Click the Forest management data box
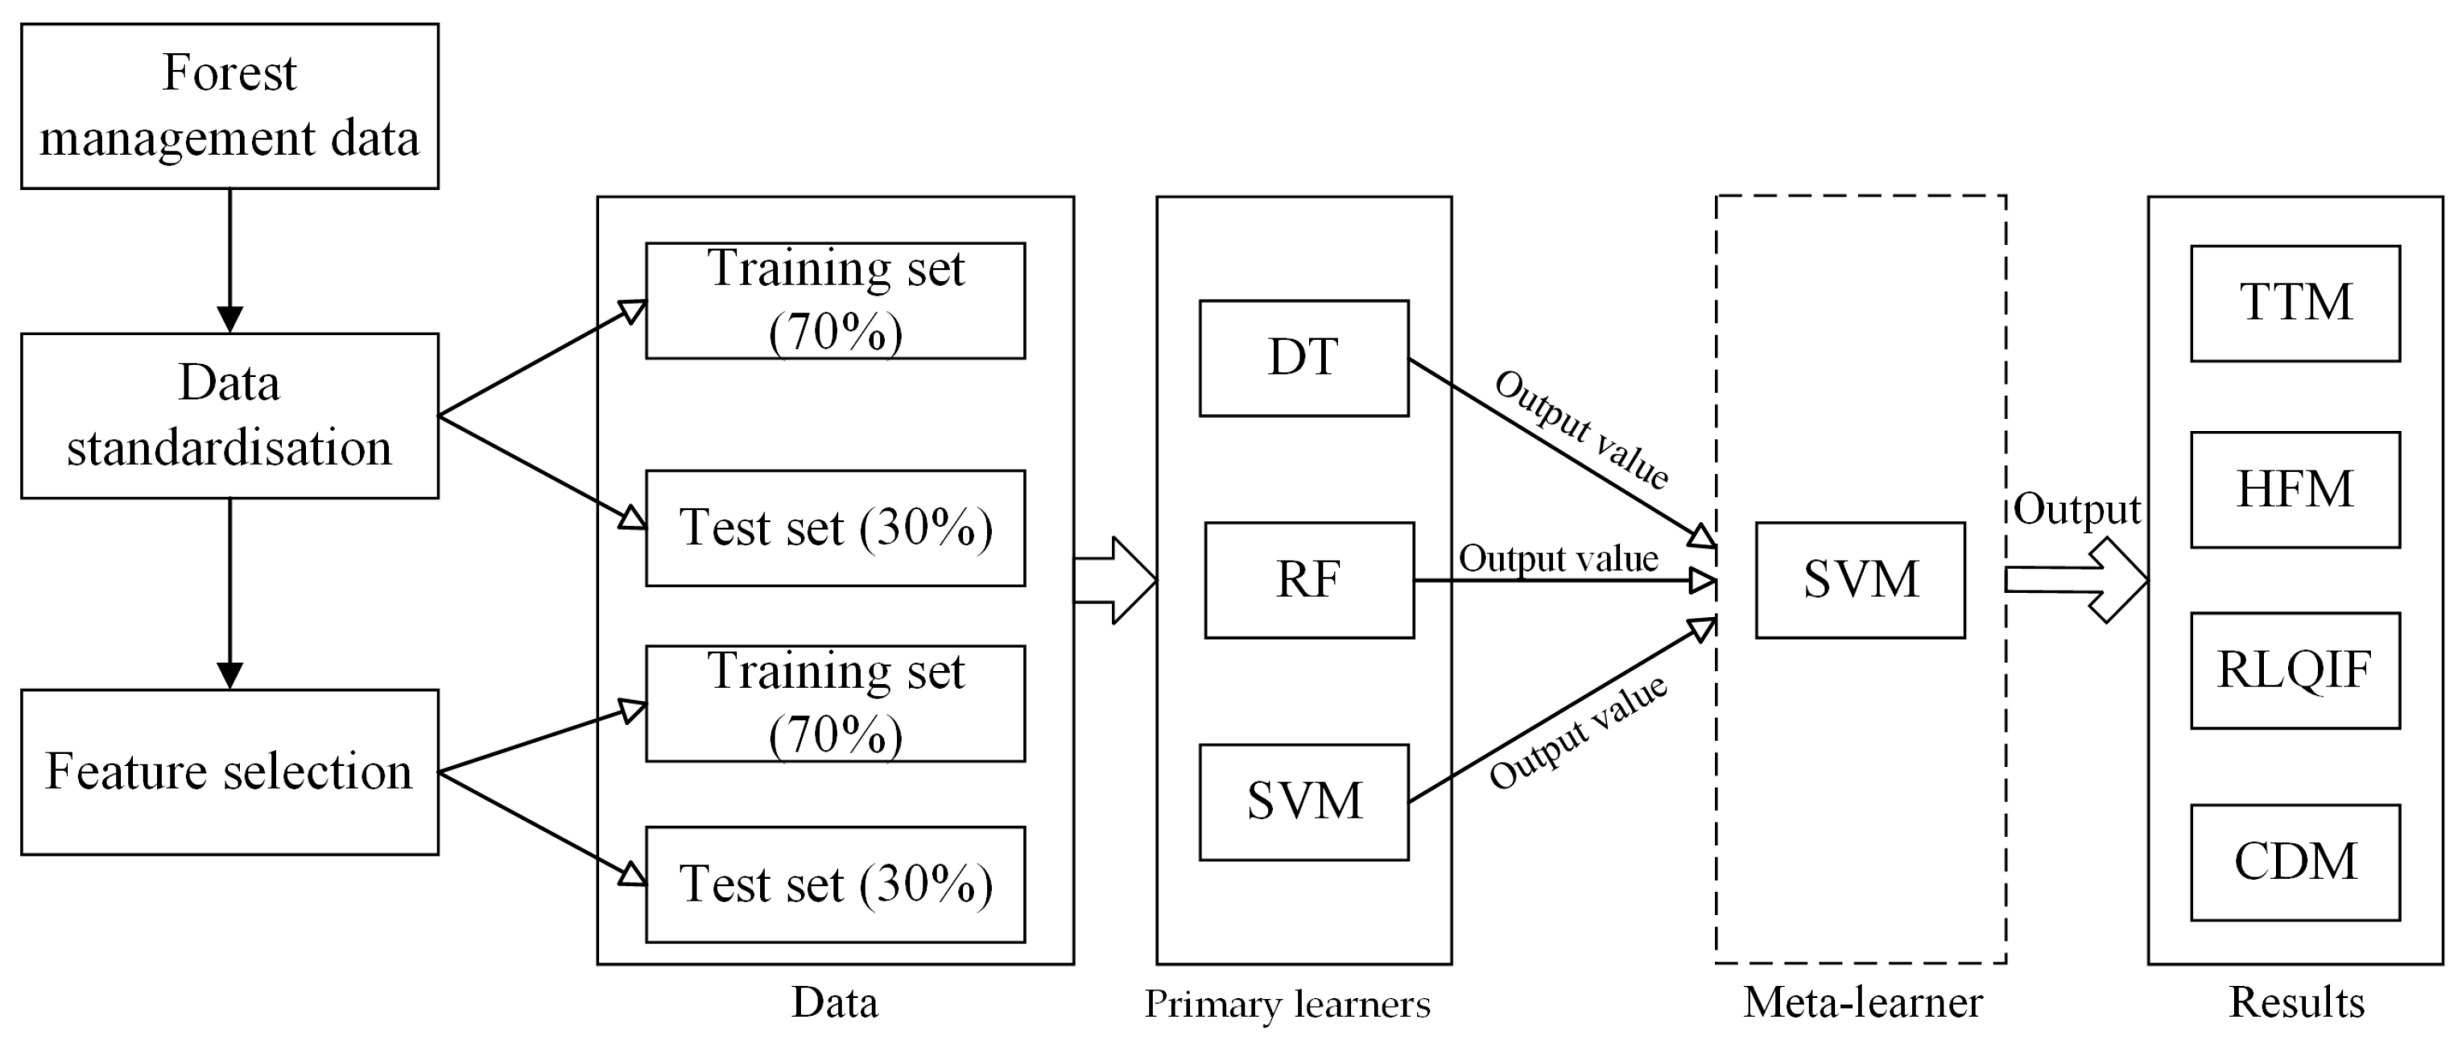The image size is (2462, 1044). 229,106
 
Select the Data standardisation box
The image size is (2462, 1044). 229,416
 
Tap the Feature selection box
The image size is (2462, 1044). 229,772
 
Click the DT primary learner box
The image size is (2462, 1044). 1303,358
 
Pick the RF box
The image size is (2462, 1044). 1308,580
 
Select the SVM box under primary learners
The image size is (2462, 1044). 1303,802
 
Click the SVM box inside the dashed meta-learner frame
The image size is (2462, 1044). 1860,580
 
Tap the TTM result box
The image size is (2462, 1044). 2295,304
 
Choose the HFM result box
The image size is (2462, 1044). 2295,490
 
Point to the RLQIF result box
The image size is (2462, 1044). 2295,670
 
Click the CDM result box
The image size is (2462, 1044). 2295,863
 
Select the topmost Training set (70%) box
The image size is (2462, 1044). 836,300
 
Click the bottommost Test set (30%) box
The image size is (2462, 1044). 836,884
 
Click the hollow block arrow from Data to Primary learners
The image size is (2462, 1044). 1114,580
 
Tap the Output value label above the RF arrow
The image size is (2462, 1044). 1558,559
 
